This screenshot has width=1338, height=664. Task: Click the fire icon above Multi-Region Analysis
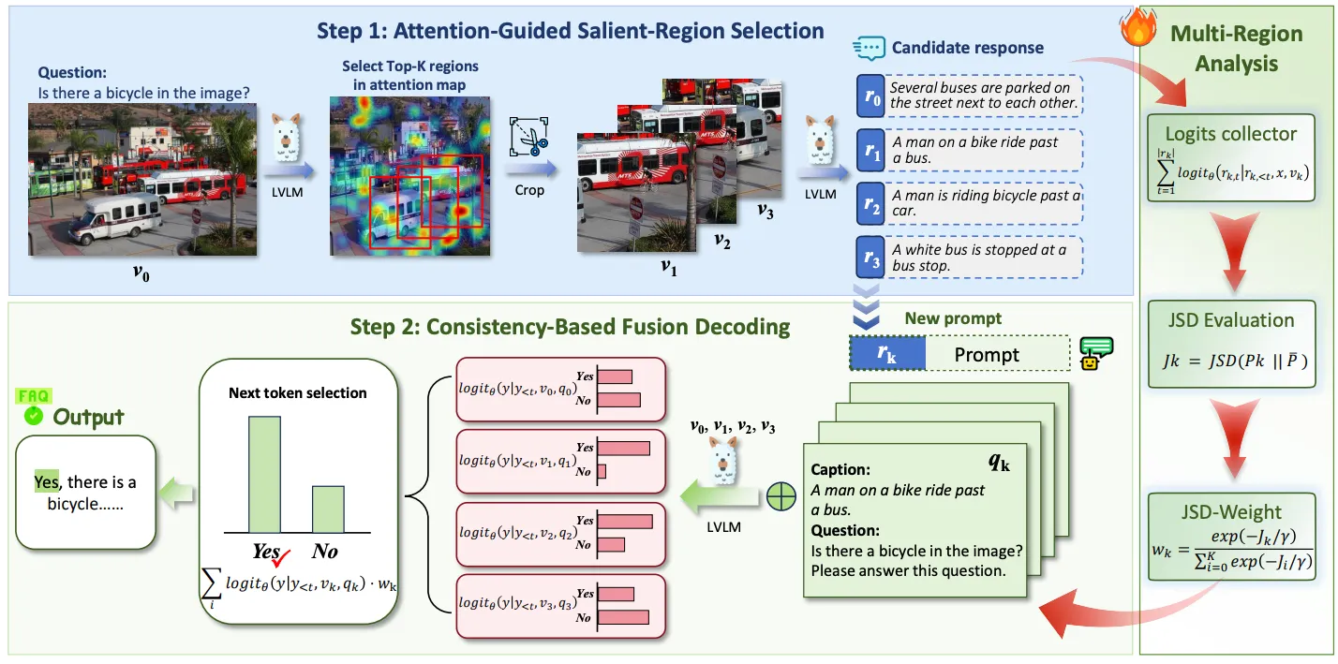(1135, 29)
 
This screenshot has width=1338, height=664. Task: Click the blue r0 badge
(871, 96)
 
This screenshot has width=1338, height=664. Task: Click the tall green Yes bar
(264, 474)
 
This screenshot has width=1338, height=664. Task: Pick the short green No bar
(327, 509)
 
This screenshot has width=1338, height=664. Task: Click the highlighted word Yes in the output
(46, 482)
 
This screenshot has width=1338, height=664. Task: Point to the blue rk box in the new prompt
(886, 354)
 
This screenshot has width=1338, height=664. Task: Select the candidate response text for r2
(986, 203)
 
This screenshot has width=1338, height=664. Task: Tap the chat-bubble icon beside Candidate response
(869, 47)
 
